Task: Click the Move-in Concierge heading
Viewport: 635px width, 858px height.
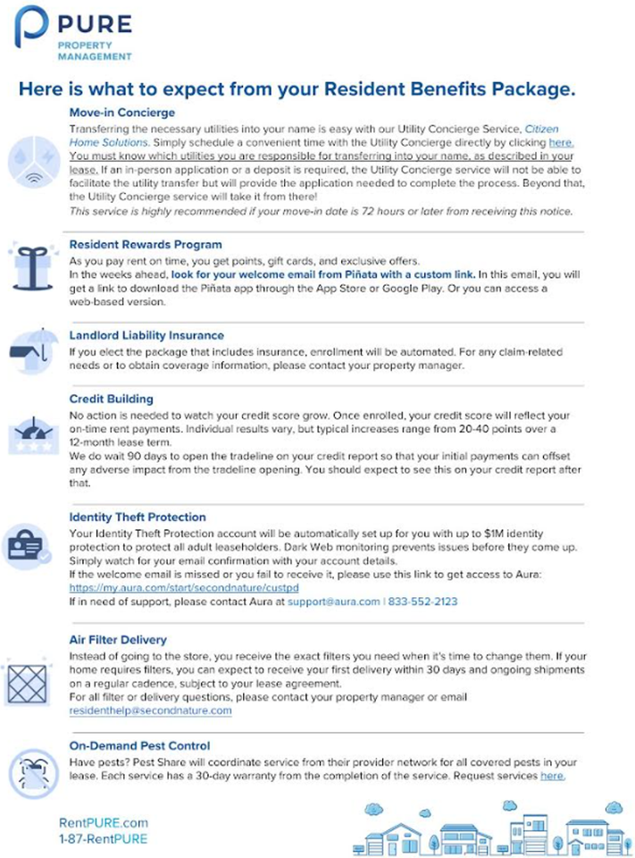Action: click(x=121, y=114)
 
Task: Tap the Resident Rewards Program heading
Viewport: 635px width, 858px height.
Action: click(x=146, y=244)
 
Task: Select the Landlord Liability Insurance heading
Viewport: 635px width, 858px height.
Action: click(x=146, y=335)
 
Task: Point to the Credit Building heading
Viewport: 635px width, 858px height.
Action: click(x=111, y=399)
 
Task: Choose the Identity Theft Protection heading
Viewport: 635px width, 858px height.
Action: click(x=138, y=517)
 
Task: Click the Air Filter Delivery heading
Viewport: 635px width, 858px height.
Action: click(x=118, y=640)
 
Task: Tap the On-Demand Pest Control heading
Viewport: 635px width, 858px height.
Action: click(x=139, y=745)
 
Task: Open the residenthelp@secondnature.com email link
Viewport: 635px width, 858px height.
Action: click(x=150, y=711)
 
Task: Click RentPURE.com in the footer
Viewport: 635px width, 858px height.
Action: click(x=104, y=823)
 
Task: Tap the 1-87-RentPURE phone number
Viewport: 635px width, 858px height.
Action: click(x=103, y=839)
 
